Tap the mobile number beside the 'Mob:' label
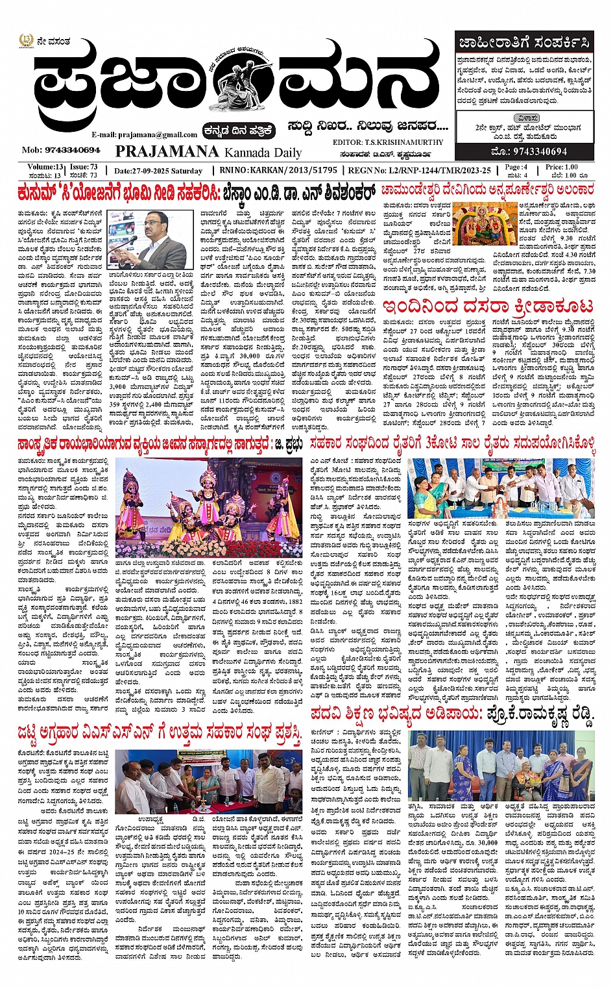(x=72, y=150)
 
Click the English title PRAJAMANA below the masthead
(x=167, y=152)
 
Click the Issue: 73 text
(x=84, y=167)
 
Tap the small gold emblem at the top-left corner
(x=25, y=40)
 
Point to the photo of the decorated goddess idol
(x=482, y=224)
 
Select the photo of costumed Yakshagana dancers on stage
(x=209, y=508)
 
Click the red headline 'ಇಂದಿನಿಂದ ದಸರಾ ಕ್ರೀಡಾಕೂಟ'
(x=487, y=306)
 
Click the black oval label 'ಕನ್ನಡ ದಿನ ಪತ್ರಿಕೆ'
(x=238, y=131)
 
